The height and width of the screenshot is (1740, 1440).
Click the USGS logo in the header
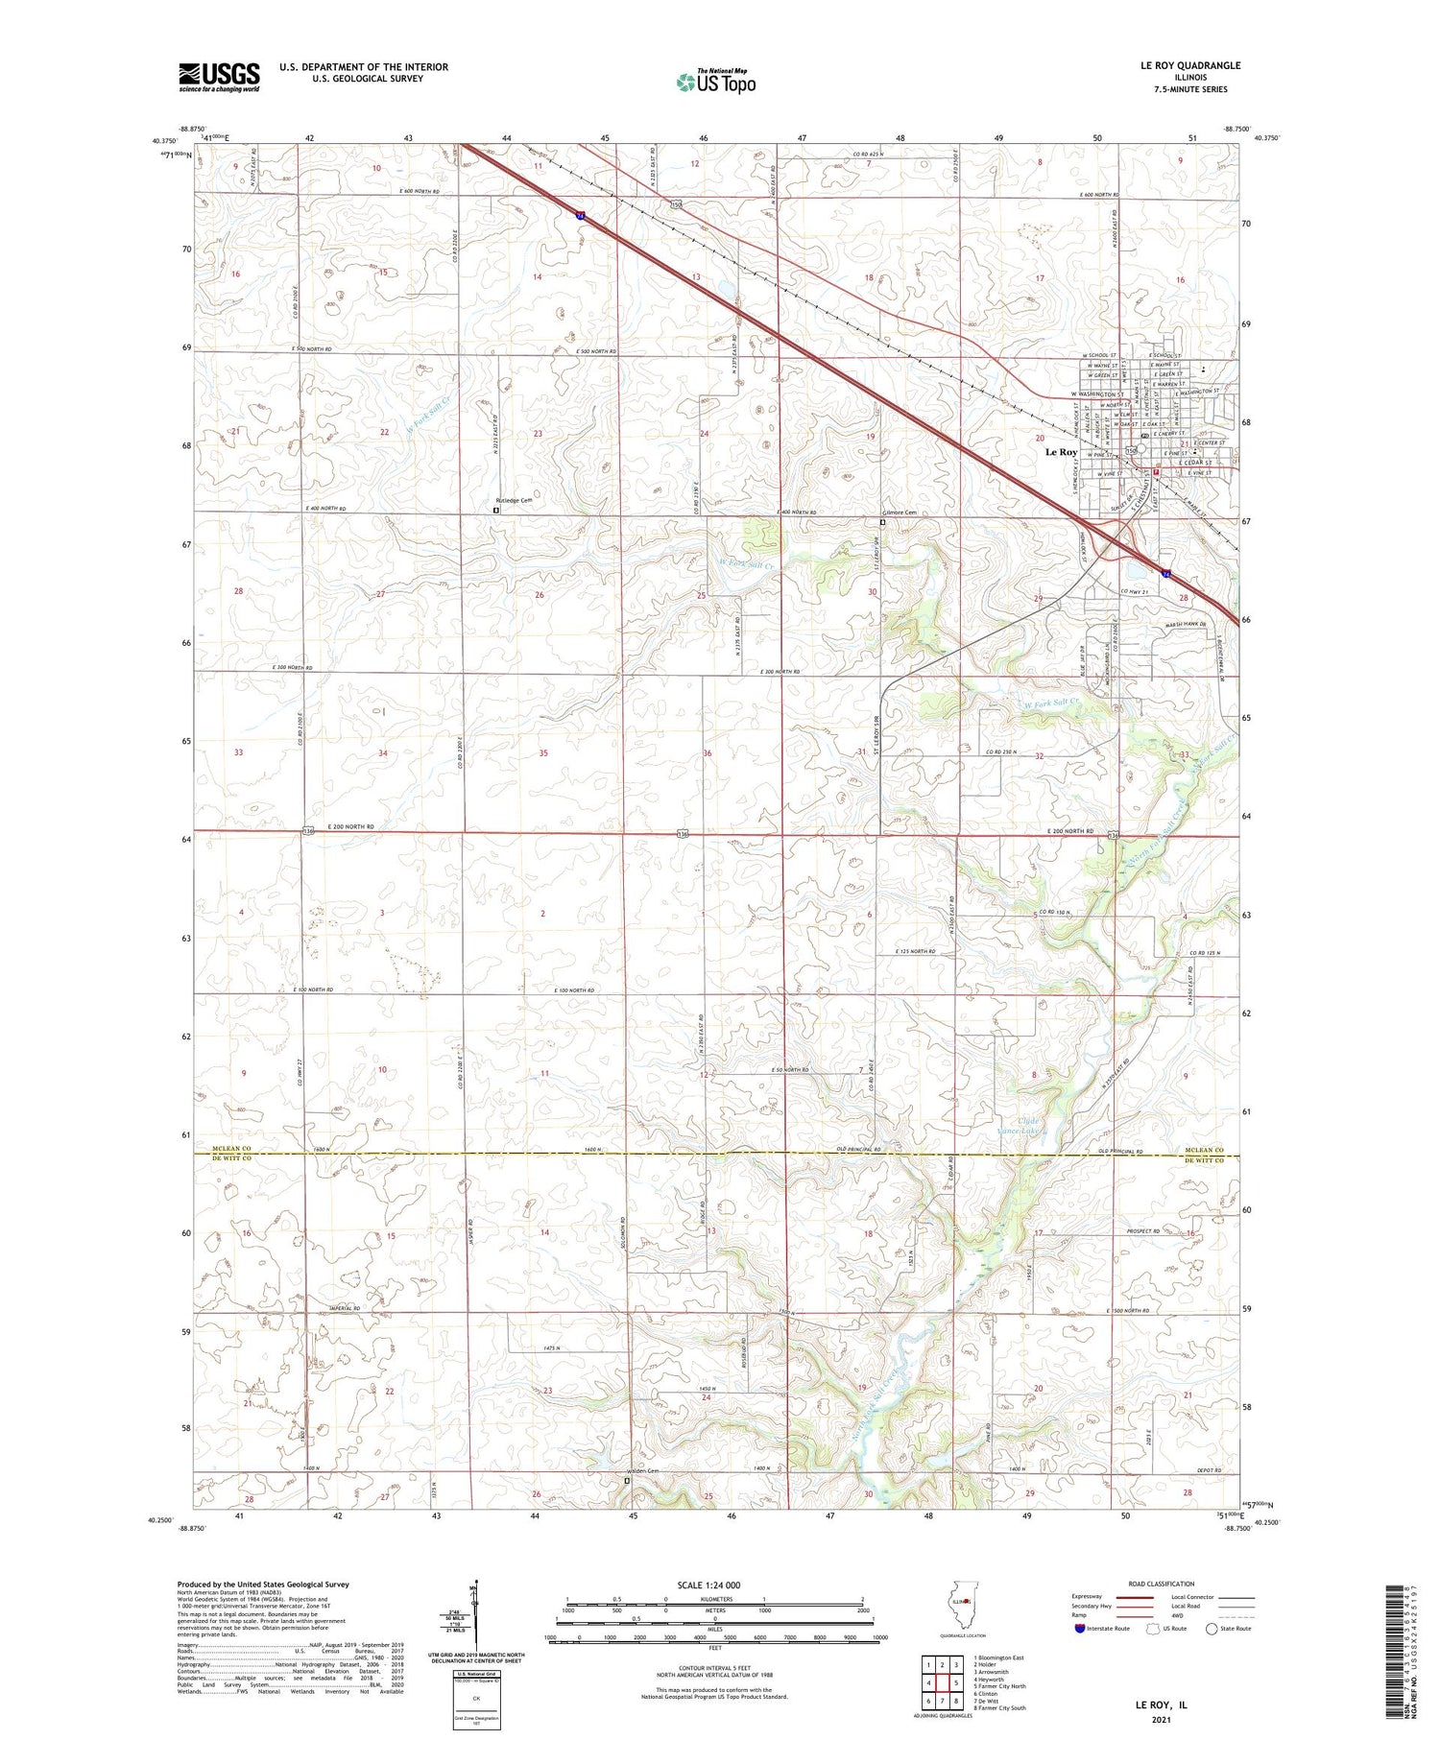tap(219, 77)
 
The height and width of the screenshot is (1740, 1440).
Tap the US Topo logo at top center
tap(715, 83)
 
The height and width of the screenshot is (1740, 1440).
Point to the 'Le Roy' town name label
tap(1061, 452)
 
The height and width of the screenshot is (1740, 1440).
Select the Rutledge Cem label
tap(514, 501)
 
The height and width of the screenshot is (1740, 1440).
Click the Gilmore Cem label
tap(899, 512)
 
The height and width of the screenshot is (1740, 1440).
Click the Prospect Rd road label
tap(1143, 1231)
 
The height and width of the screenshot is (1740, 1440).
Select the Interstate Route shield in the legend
tap(1080, 1629)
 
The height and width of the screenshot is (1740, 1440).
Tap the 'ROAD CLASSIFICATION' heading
tap(1162, 1584)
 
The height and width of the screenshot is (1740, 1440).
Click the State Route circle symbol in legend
tap(1212, 1629)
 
